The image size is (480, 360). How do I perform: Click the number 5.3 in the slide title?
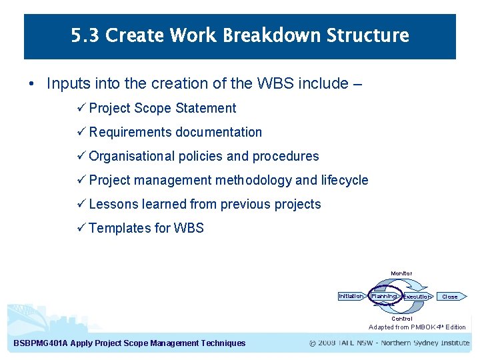(x=85, y=35)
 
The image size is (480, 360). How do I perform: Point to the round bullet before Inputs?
(x=31, y=84)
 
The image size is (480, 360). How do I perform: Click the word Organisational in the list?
(x=131, y=156)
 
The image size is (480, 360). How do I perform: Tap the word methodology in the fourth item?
(x=247, y=180)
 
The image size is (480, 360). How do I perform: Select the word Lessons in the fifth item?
(x=112, y=204)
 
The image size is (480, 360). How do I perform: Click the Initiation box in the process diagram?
(x=351, y=296)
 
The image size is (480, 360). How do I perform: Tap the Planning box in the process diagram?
(x=384, y=296)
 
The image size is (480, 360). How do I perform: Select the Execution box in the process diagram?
(x=417, y=297)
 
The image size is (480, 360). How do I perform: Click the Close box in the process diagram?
(x=450, y=297)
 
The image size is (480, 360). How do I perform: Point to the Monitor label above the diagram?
(x=401, y=273)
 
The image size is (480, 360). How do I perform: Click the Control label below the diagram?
(x=401, y=319)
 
